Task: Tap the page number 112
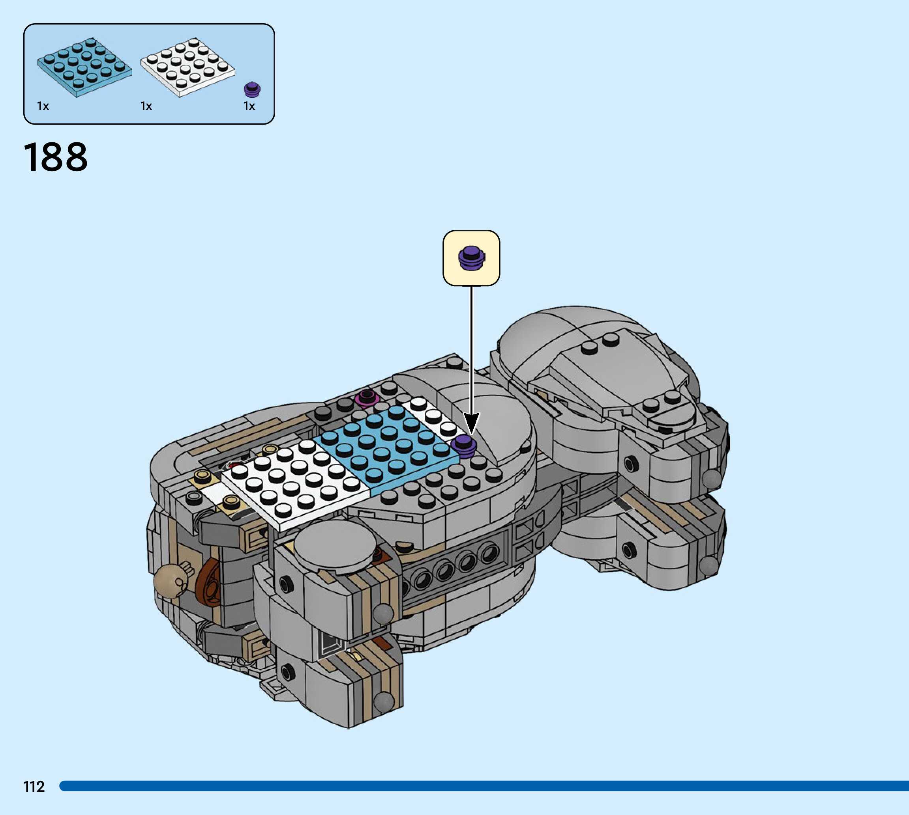tap(34, 786)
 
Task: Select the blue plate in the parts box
tap(84, 67)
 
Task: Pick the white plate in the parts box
tap(187, 67)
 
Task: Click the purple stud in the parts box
tap(252, 89)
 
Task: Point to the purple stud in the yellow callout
tap(471, 258)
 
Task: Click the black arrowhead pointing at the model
tap(471, 423)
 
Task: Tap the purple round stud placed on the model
tap(463, 446)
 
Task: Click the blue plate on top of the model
tap(386, 448)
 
